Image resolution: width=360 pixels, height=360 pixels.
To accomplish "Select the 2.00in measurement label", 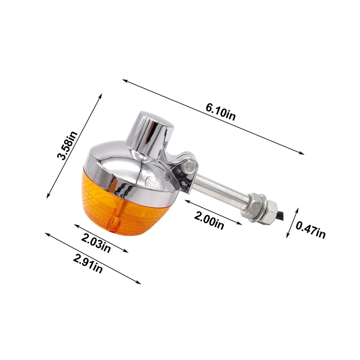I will pyautogui.click(x=209, y=220).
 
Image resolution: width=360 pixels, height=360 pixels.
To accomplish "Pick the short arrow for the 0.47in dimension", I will pyautogui.click(x=293, y=222).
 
